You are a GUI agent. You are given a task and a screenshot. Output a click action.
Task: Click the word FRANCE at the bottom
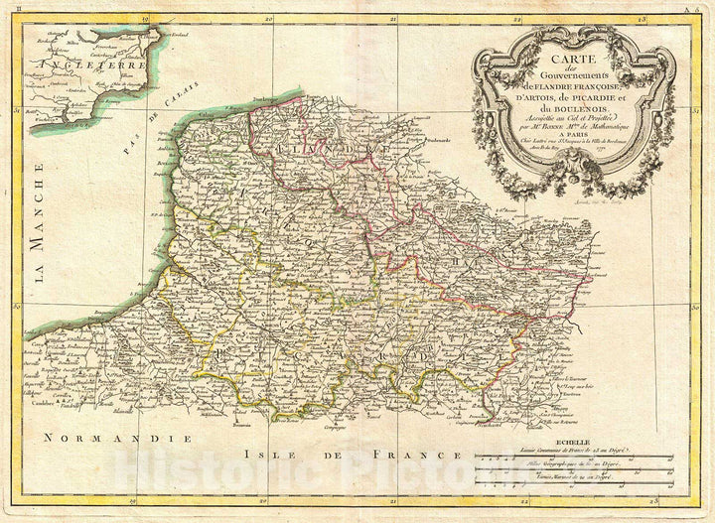tap(412, 455)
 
